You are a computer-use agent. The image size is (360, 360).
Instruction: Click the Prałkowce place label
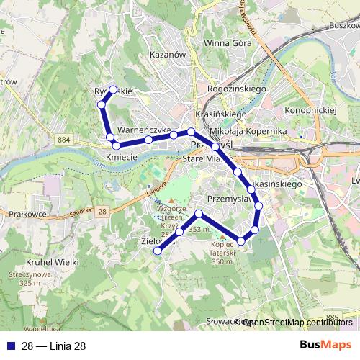point(29,214)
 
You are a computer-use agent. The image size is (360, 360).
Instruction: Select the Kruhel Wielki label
point(52,262)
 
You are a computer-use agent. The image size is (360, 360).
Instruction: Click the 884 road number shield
point(66,138)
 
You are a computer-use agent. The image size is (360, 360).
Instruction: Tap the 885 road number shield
point(330,316)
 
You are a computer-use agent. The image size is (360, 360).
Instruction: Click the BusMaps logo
point(327,345)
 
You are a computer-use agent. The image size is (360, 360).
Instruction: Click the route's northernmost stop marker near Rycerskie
point(113,90)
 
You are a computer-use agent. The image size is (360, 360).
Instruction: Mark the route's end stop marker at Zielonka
point(158,250)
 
